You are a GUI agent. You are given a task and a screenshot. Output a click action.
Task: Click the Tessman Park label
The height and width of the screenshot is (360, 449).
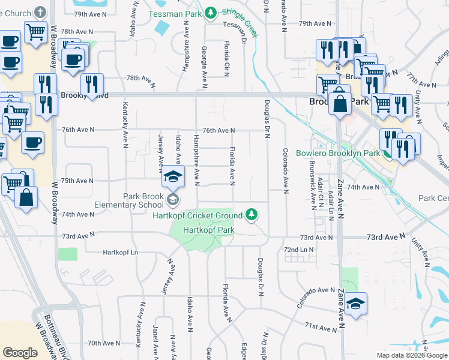pyautogui.click(x=174, y=13)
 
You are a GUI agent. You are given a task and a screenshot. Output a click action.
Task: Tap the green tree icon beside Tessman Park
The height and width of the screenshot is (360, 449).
pyautogui.click(x=210, y=13)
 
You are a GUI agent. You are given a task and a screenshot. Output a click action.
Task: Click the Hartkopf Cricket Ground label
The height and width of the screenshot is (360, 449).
pyautogui.click(x=197, y=215)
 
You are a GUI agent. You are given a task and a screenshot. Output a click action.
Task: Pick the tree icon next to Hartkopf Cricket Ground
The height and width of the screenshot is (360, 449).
pyautogui.click(x=253, y=214)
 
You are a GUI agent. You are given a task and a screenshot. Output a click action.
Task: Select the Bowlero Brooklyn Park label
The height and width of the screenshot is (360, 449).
pyautogui.click(x=338, y=153)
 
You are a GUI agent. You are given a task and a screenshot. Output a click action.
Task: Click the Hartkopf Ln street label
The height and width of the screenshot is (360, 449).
pyautogui.click(x=120, y=252)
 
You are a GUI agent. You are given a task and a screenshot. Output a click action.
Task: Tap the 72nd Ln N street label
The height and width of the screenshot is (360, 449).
pyautogui.click(x=299, y=249)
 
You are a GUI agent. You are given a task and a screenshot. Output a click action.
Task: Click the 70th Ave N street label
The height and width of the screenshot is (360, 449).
pyautogui.click(x=103, y=343)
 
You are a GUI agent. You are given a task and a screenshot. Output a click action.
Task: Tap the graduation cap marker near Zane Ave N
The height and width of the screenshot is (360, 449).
pyautogui.click(x=355, y=303)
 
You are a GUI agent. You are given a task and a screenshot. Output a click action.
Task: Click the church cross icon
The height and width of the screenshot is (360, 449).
pyautogui.click(x=40, y=12)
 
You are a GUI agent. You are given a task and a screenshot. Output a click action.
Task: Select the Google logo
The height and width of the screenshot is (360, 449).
pyautogui.click(x=20, y=353)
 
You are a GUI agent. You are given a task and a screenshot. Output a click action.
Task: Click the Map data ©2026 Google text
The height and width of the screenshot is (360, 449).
pyautogui.click(x=411, y=355)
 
